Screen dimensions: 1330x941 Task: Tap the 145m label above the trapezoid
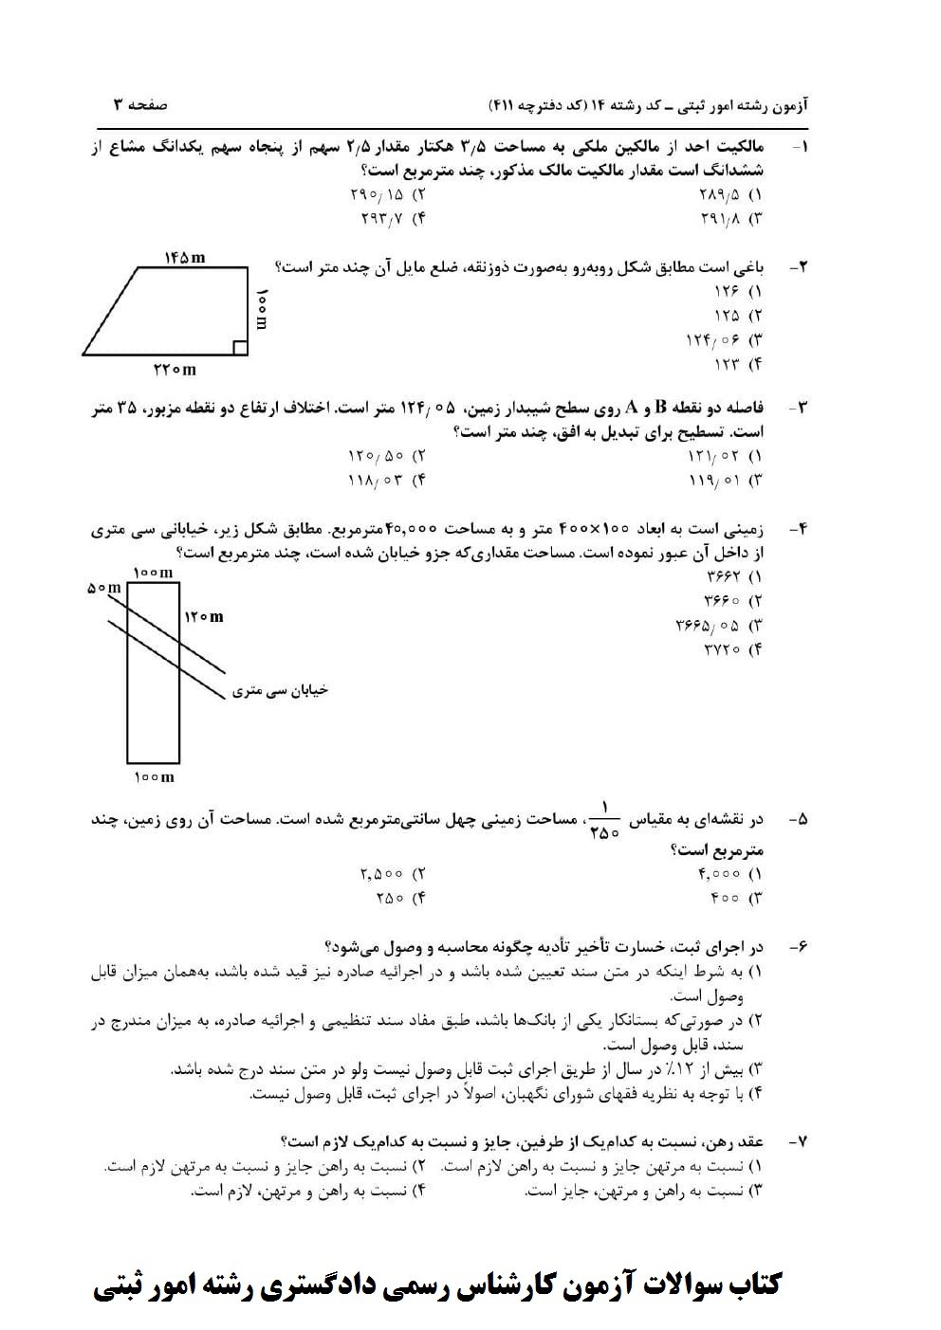(184, 257)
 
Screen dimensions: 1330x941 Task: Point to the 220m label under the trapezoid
(175, 370)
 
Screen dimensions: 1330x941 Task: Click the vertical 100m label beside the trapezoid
(262, 309)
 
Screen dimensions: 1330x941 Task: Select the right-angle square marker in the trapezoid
(240, 348)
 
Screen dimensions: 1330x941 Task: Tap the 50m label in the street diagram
(104, 588)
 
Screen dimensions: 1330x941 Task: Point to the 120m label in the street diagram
(204, 617)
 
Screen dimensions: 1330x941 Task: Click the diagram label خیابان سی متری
(280, 690)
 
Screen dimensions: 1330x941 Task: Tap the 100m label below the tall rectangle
(153, 777)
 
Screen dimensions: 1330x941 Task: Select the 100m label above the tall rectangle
(153, 573)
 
